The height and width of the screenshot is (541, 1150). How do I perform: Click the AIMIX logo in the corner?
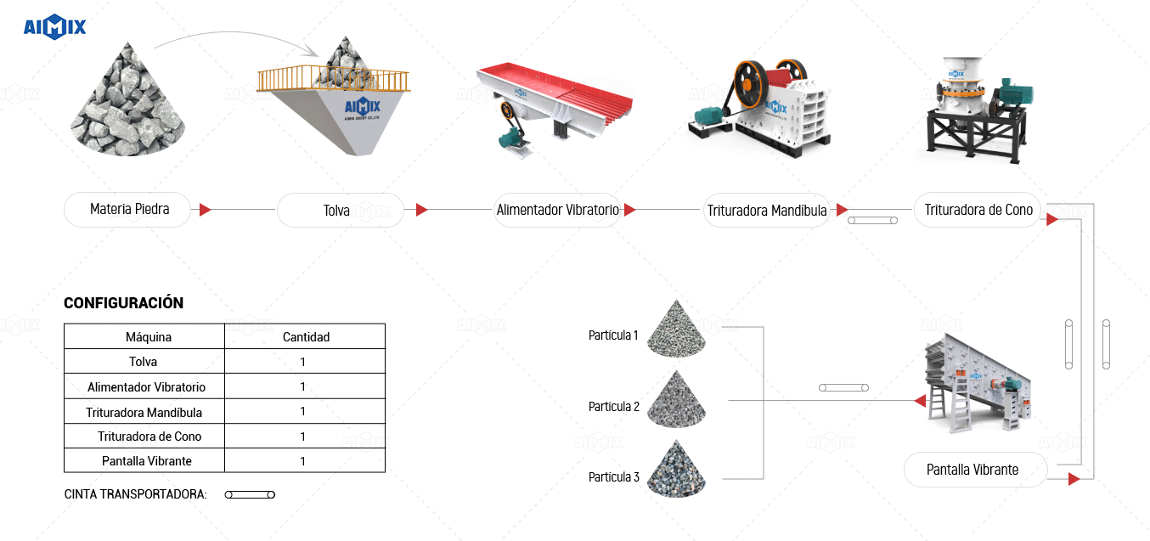point(54,27)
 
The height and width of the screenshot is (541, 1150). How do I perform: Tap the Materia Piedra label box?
point(129,210)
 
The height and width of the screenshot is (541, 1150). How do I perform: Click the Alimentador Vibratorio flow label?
point(558,210)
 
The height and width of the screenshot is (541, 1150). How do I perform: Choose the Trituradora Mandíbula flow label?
point(767,211)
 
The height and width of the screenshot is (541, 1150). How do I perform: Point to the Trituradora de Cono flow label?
point(978,210)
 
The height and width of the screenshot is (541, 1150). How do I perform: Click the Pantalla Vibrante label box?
point(973,470)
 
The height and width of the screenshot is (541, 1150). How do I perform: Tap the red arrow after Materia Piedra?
point(205,210)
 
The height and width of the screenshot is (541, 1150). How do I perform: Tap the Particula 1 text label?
point(612,335)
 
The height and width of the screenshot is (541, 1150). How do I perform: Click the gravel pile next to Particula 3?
point(676,470)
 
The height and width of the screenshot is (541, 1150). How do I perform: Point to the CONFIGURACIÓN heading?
point(123,303)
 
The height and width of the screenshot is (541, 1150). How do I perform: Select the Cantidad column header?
point(306,337)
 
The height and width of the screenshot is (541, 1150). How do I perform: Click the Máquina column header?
point(148,337)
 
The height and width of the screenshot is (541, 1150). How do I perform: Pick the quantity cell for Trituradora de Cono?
point(303,437)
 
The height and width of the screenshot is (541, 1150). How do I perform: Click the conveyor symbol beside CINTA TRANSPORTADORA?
point(250,494)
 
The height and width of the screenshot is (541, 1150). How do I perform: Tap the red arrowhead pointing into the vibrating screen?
point(920,401)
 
